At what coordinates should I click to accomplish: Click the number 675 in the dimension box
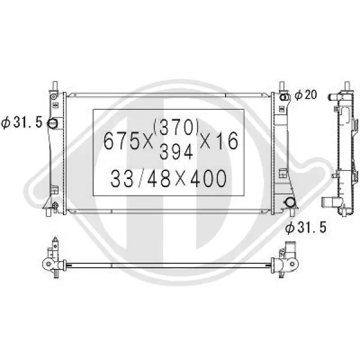point(121,141)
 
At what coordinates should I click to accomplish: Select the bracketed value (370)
point(176,127)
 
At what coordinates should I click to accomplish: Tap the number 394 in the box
point(176,152)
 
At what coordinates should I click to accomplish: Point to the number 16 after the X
point(227,140)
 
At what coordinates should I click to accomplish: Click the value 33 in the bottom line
point(122,178)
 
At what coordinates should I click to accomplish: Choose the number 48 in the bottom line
point(159,178)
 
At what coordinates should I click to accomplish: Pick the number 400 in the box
point(208,178)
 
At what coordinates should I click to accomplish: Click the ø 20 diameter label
point(306,95)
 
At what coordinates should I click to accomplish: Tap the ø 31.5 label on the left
point(22,122)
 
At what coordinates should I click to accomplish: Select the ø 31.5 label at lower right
point(305,227)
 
